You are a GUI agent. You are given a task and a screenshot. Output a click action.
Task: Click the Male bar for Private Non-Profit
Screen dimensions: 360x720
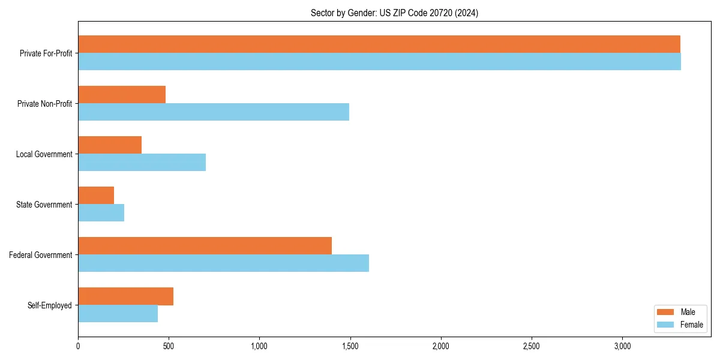[x=122, y=95]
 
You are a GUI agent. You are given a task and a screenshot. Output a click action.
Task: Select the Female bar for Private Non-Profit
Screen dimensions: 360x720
[x=214, y=112]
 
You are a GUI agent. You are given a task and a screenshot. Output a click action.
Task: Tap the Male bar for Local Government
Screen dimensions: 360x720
[x=110, y=145]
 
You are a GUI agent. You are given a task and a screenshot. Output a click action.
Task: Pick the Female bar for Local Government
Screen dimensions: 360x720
[x=142, y=163]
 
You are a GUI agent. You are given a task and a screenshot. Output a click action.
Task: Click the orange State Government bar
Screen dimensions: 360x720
[x=96, y=196]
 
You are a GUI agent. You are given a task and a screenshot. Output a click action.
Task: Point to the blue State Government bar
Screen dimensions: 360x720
[x=101, y=213]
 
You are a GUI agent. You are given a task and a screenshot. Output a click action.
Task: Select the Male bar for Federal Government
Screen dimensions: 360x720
[x=205, y=246]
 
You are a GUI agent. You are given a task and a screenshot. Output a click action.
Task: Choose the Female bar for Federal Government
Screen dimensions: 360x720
[x=223, y=263]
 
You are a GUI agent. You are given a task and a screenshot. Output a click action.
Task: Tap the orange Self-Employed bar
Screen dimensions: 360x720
[x=125, y=296]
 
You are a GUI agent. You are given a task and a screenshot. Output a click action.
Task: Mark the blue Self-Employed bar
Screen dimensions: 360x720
[x=118, y=314]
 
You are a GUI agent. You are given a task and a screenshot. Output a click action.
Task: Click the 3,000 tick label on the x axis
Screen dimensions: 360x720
[x=622, y=346]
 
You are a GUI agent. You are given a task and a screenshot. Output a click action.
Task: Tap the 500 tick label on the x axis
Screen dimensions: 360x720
[x=169, y=346]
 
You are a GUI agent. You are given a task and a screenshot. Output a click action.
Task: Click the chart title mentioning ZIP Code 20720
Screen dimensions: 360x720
[x=394, y=13]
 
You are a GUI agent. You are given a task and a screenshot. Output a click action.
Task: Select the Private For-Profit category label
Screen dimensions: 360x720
[x=46, y=53]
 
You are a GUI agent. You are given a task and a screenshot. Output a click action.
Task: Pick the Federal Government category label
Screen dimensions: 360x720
[x=41, y=255]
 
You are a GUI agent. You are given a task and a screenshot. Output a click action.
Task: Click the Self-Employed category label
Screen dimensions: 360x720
[x=50, y=305]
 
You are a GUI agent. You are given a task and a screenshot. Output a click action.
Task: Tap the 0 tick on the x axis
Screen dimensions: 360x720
[x=78, y=346]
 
